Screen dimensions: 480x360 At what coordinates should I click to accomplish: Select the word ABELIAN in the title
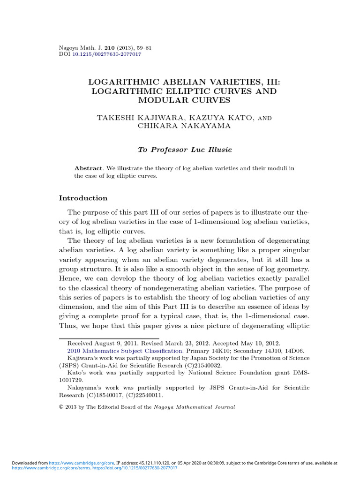pos(178,82)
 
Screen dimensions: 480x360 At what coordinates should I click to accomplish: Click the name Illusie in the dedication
pos(216,150)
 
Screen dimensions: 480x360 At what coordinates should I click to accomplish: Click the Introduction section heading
pos(83,198)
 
